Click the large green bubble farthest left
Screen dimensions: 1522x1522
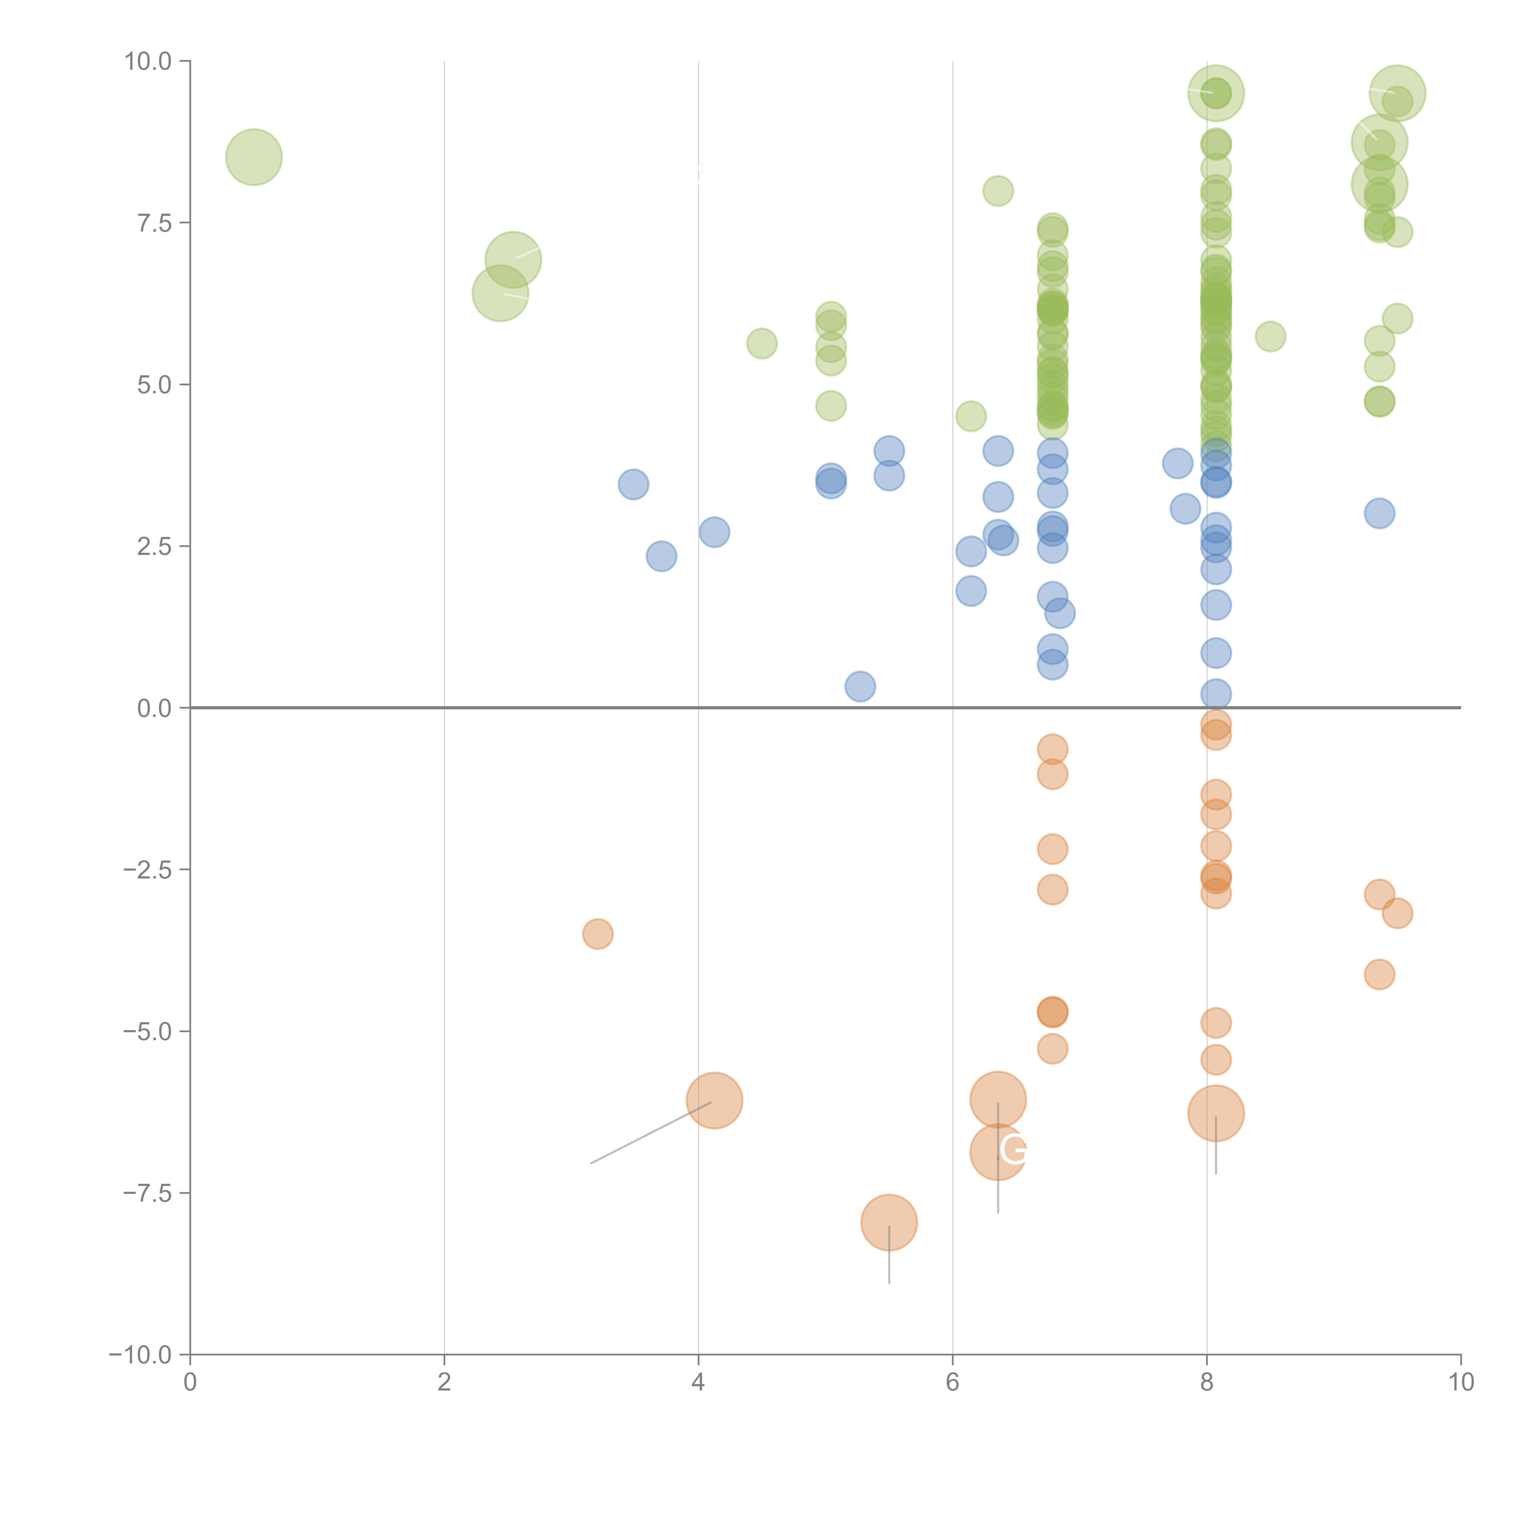coord(254,157)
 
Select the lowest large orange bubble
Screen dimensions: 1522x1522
coord(889,1222)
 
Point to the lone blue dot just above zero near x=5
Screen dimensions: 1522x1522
coord(860,686)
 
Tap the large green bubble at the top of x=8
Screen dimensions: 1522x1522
coord(1215,93)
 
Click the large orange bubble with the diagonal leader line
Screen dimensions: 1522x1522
coord(714,1100)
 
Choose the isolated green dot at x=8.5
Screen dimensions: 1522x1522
coord(1270,336)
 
